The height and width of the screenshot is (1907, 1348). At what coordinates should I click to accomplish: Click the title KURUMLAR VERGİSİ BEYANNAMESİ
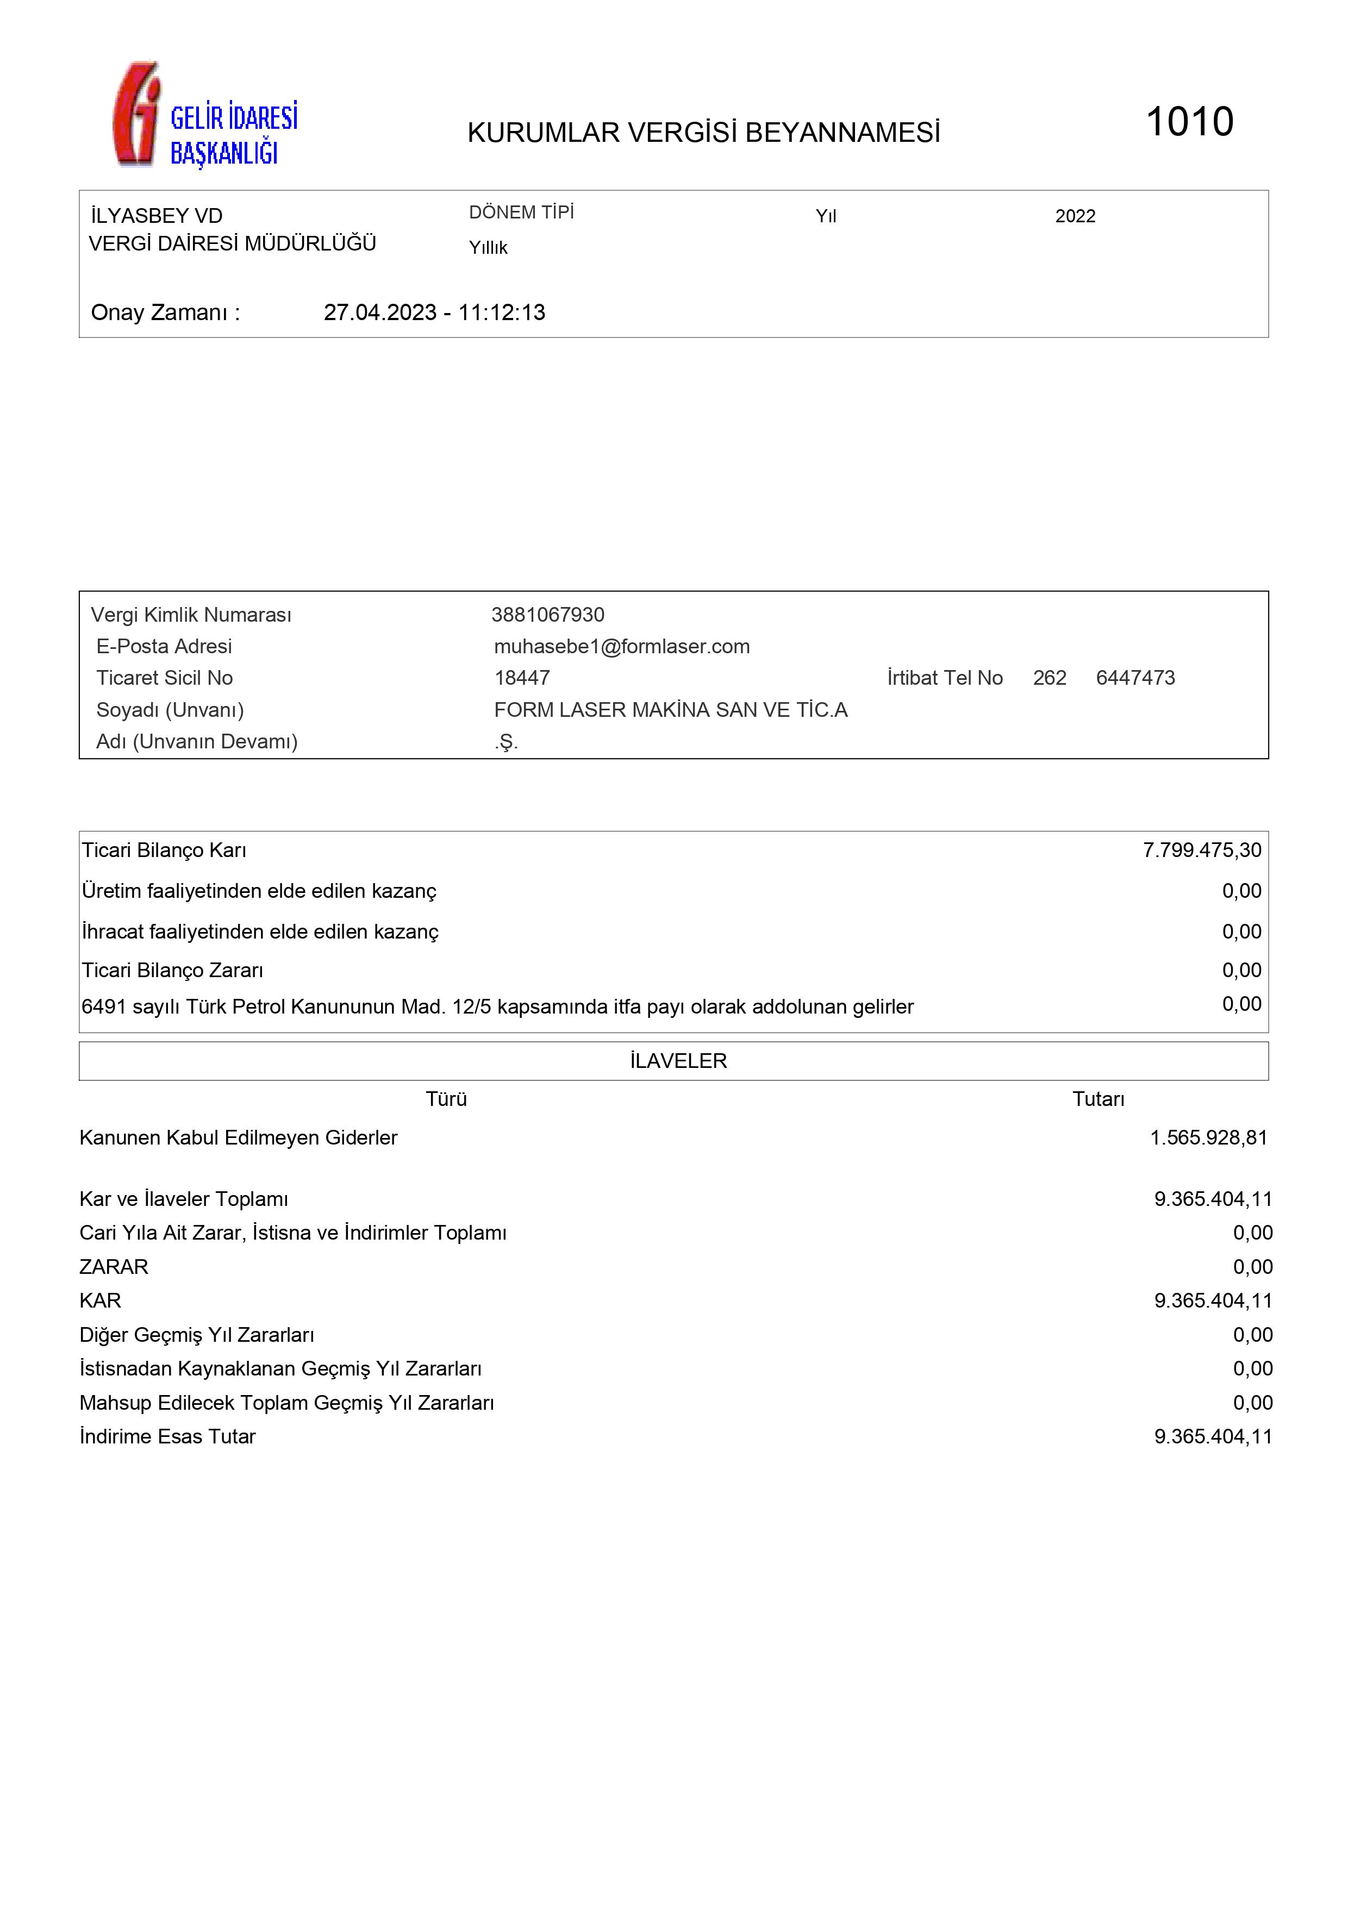[x=703, y=133]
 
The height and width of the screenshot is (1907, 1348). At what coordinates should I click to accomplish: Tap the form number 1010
[x=1189, y=122]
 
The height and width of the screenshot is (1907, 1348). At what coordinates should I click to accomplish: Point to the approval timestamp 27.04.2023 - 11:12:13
[x=434, y=312]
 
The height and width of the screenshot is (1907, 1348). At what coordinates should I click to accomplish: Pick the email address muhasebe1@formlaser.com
[x=621, y=646]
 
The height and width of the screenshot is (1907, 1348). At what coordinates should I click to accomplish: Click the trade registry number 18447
[x=522, y=678]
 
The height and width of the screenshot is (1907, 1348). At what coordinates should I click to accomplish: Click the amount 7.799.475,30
[x=1201, y=849]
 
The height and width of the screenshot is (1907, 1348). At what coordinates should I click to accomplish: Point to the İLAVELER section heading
[x=678, y=1061]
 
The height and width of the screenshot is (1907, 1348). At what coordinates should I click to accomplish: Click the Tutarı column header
[x=1098, y=1099]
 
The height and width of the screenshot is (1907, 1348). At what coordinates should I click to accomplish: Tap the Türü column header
[x=446, y=1099]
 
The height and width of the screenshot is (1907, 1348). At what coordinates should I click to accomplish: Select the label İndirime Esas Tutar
[x=168, y=1436]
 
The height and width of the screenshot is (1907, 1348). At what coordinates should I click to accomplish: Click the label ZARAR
[x=114, y=1267]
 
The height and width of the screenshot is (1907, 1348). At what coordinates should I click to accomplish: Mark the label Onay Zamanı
[x=165, y=312]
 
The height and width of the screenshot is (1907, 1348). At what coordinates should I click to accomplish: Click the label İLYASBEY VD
[x=157, y=216]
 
